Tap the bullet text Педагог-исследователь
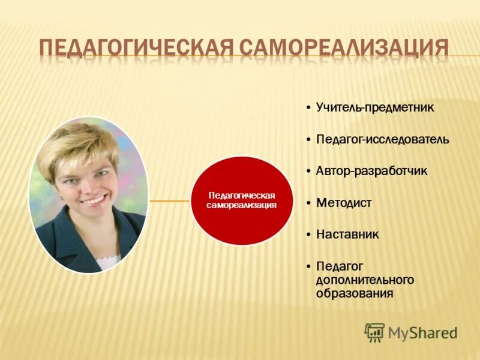[x=383, y=139]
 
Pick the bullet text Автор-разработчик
[x=372, y=171]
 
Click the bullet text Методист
[x=344, y=203]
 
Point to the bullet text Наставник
[x=347, y=234]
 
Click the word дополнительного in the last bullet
[x=365, y=280]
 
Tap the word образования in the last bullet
[x=355, y=294]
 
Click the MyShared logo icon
[x=374, y=332]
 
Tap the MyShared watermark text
[x=422, y=332]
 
